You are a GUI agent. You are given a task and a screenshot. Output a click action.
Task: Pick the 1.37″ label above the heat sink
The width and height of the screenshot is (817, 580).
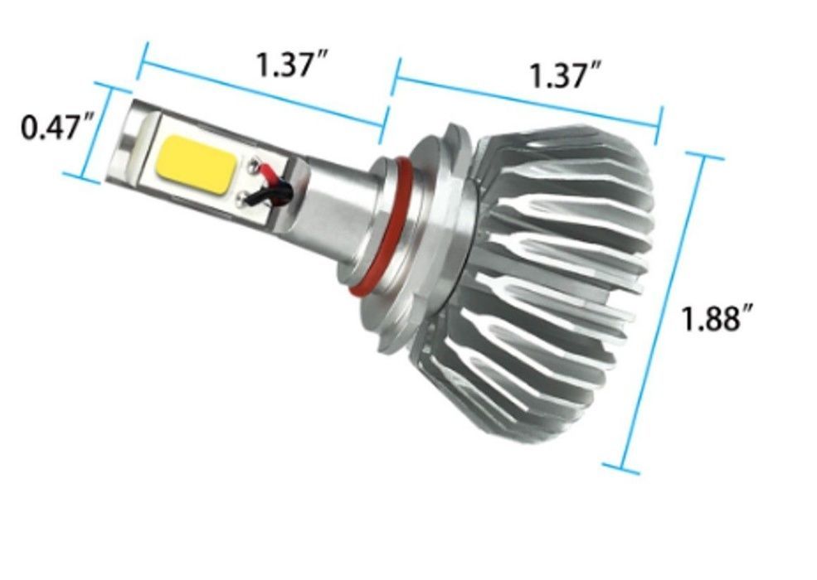564,75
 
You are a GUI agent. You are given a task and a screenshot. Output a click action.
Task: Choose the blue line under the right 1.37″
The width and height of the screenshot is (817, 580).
527,101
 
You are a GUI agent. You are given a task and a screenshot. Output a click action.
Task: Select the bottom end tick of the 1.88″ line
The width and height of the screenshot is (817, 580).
621,470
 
